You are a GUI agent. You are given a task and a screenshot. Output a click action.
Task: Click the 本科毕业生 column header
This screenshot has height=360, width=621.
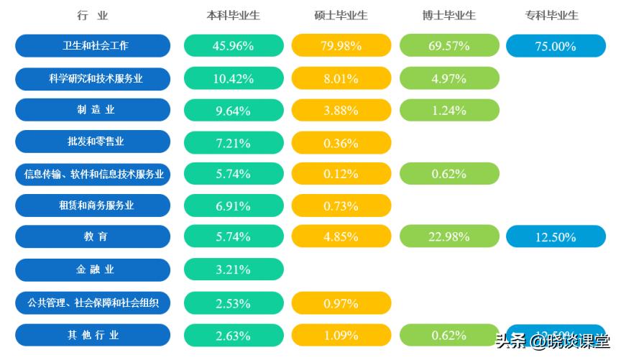click(x=233, y=15)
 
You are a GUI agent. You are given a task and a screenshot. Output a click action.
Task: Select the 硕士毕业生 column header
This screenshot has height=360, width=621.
click(x=341, y=15)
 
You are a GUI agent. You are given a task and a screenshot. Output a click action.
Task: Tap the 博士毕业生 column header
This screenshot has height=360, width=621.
click(x=449, y=15)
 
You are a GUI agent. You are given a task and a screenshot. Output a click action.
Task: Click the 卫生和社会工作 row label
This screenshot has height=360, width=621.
click(x=93, y=46)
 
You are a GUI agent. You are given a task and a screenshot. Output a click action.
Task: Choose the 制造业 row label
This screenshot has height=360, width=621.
click(x=93, y=110)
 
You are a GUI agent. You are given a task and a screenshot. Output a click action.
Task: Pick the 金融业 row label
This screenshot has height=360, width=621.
click(x=93, y=270)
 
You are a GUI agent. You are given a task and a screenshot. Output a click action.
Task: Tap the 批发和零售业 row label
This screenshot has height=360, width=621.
click(x=93, y=142)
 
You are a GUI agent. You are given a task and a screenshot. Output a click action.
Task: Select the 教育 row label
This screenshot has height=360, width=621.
click(x=93, y=236)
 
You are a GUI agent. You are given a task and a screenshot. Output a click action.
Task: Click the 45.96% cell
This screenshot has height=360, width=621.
click(x=234, y=46)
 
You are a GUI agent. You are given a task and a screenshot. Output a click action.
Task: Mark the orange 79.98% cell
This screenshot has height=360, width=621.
click(x=341, y=46)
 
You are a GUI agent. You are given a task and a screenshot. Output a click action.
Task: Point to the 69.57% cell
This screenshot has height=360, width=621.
click(x=449, y=46)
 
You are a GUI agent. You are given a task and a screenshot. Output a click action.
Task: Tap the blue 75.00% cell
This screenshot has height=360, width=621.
click(x=556, y=46)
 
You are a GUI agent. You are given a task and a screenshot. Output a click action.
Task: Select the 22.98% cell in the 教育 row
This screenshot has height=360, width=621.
click(x=449, y=236)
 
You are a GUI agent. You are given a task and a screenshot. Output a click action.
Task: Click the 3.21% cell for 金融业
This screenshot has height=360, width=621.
click(x=234, y=270)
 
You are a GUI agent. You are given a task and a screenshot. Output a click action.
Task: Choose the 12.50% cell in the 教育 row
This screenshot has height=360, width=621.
click(x=556, y=236)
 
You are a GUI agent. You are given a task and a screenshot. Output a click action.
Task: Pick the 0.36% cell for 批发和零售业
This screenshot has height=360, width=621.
click(x=341, y=142)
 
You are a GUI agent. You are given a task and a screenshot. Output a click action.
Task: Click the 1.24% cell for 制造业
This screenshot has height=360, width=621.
click(x=449, y=110)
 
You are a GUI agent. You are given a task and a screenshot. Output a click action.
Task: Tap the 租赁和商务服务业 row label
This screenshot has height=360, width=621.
click(x=93, y=206)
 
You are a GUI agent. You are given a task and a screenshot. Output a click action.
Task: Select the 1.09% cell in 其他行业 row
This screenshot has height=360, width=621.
click(x=341, y=336)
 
